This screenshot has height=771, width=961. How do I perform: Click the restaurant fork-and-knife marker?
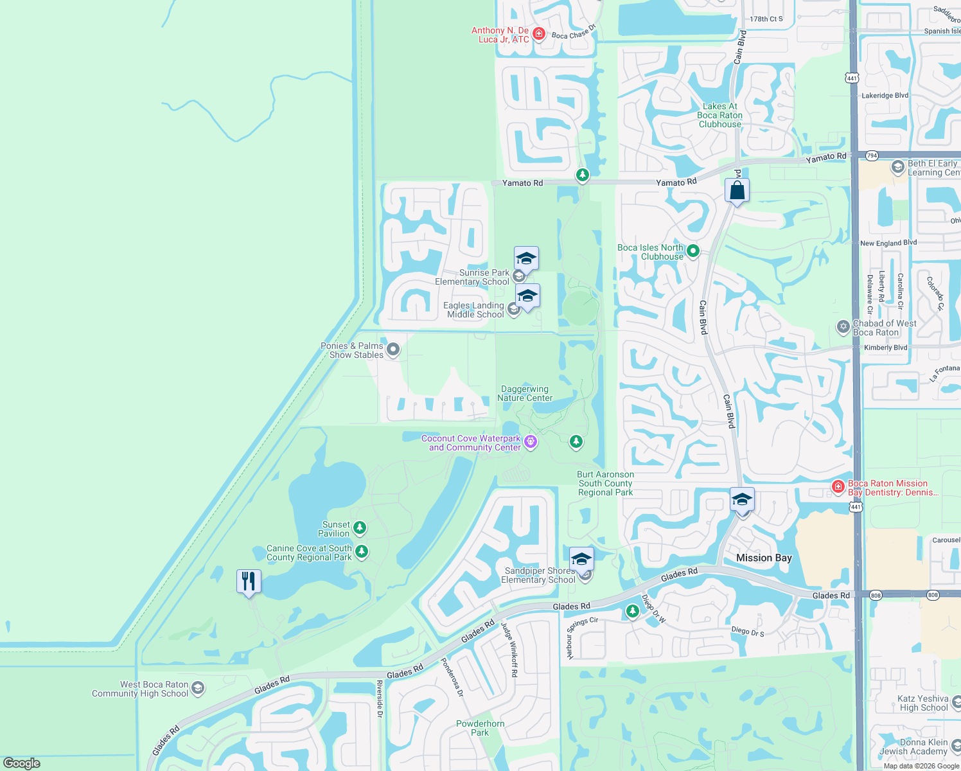pos(248,581)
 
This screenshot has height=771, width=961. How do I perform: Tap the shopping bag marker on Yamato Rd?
pos(737,191)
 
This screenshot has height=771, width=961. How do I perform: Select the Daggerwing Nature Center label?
pos(525,394)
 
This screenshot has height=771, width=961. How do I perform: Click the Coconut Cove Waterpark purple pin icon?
pos(531,441)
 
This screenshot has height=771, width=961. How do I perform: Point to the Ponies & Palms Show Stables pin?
pos(393,350)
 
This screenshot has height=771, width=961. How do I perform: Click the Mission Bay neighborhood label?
pos(764,558)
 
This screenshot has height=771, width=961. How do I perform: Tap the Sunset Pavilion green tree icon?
pos(360,528)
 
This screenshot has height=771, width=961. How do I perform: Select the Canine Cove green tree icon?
pos(362,551)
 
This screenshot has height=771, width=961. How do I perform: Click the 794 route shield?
pos(872,155)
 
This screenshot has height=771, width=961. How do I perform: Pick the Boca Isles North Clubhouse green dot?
pos(693,251)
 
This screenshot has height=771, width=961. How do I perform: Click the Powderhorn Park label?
pos(480,728)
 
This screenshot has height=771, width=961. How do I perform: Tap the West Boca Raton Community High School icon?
pos(198,689)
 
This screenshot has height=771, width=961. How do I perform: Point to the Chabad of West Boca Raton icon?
pos(843,327)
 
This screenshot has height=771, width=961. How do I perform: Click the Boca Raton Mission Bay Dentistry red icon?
pos(838,487)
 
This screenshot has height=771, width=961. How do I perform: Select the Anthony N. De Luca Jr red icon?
pos(539,34)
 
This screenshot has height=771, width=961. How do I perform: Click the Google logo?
pos(22,763)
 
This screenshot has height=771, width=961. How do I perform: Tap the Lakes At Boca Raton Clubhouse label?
pos(719,116)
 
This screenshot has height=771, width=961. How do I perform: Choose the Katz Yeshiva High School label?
pos(923,703)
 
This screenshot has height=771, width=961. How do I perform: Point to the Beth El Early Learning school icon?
pos(898,168)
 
